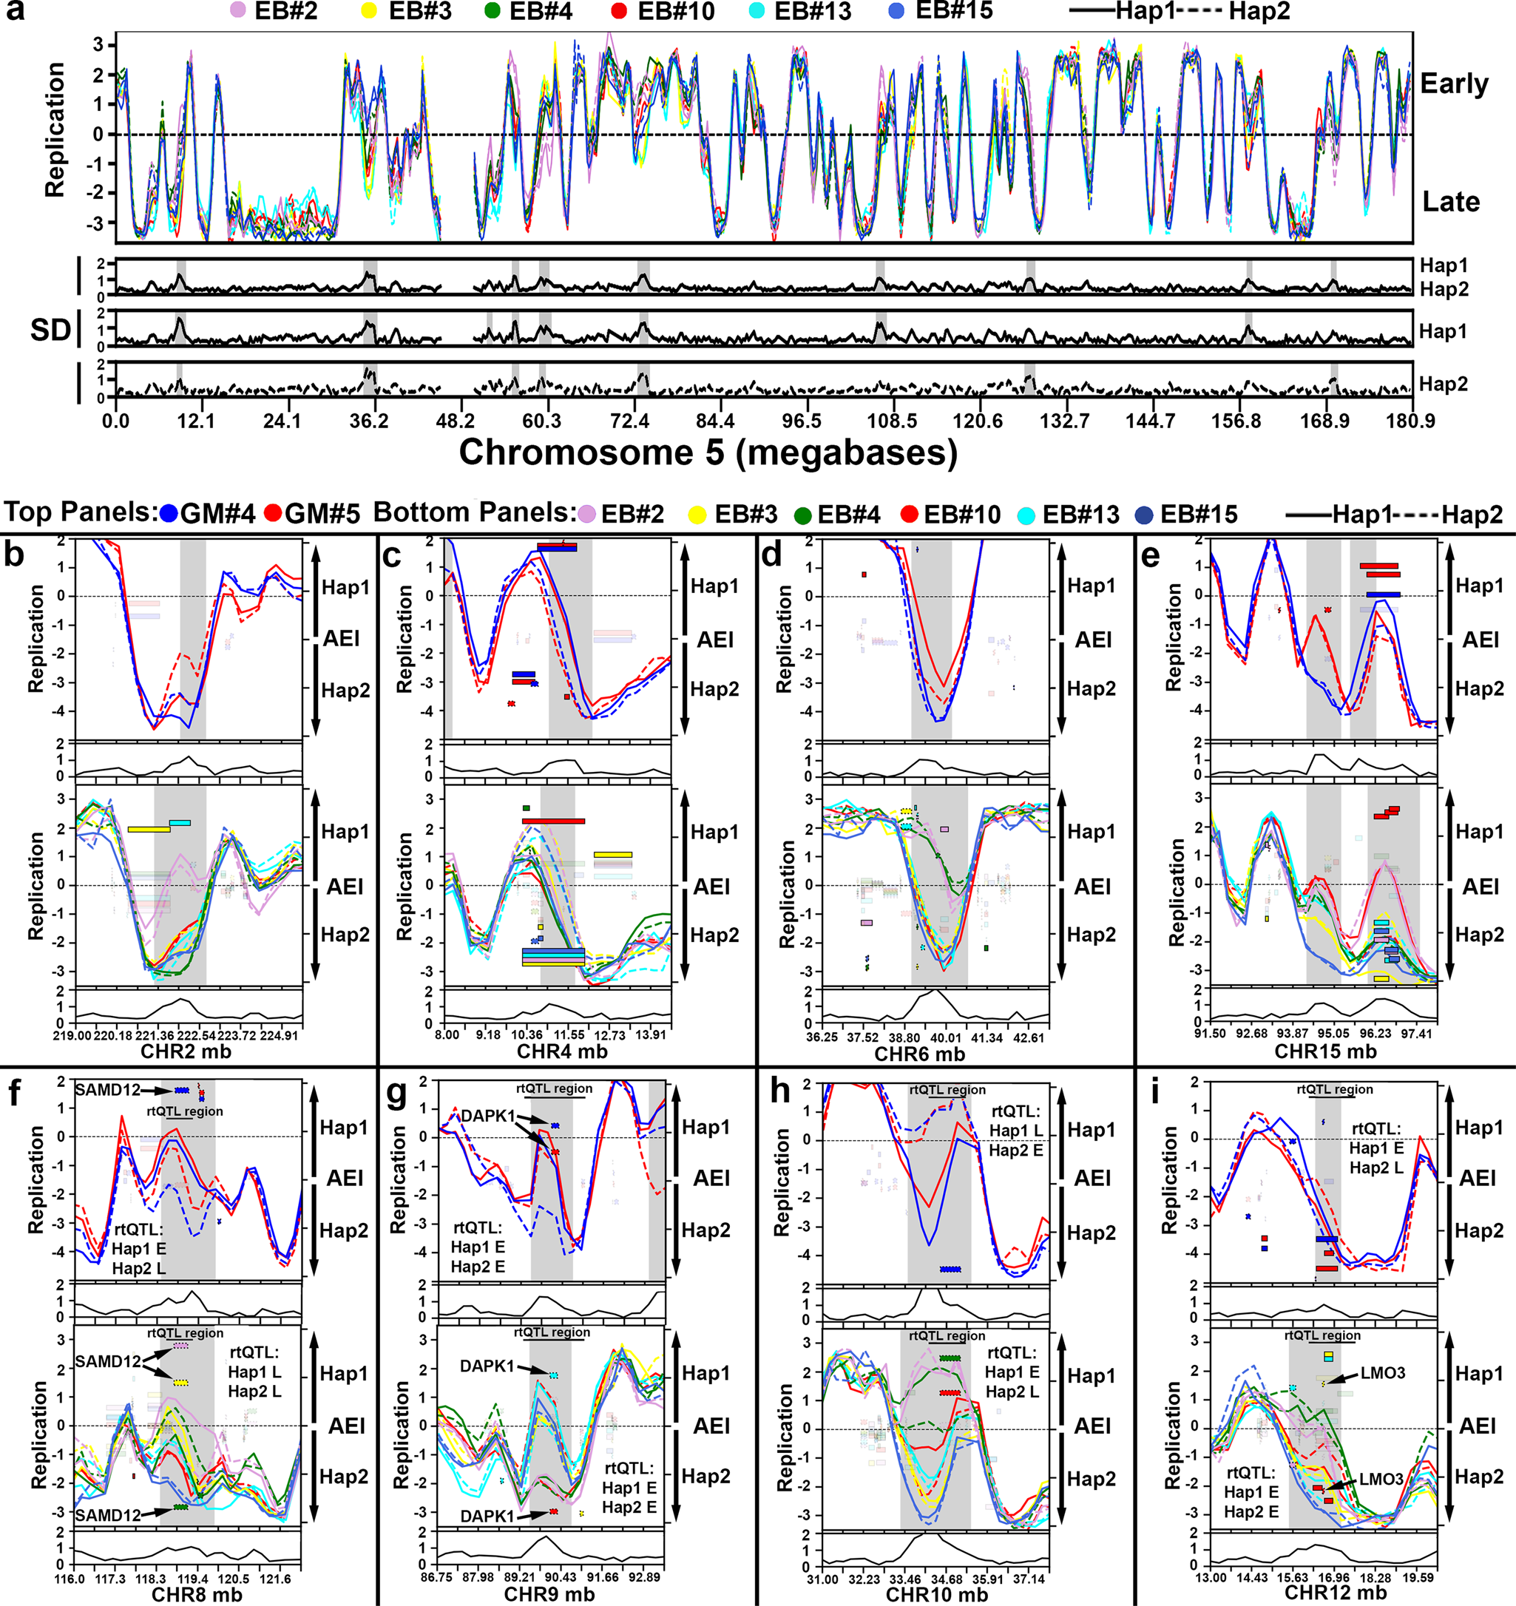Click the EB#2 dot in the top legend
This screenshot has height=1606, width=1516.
pos(237,11)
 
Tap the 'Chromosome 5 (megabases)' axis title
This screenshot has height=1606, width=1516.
pos(708,453)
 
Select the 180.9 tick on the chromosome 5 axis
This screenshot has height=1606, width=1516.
pos(1412,421)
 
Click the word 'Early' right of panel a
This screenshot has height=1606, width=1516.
pos(1454,84)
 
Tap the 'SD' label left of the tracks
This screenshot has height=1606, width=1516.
pos(50,330)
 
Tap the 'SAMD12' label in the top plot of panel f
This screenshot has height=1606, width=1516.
pos(107,1090)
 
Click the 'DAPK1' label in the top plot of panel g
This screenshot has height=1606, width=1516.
pos(487,1117)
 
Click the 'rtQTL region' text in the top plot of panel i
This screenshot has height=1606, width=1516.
pos(1335,1089)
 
